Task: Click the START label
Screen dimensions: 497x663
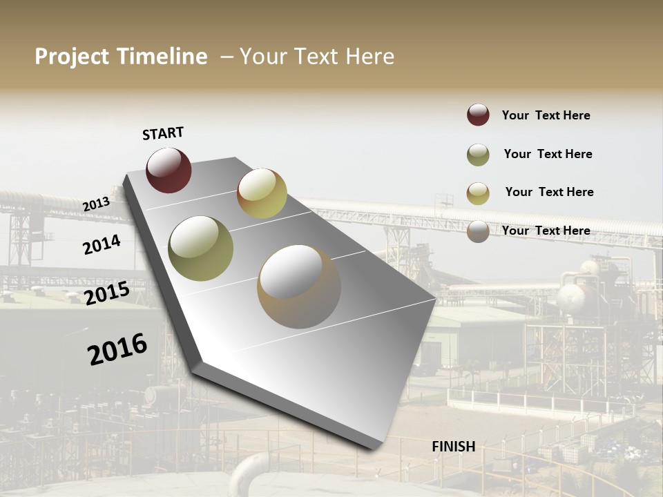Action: (163, 133)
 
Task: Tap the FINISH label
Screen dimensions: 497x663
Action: (453, 447)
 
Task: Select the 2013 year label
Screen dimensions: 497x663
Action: (96, 204)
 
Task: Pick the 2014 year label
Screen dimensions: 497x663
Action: (102, 244)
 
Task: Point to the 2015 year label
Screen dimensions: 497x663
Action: (107, 293)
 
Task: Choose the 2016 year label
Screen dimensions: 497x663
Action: (117, 349)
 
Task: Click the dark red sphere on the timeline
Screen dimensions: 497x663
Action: (169, 170)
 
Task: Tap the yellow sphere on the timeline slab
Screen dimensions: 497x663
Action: (262, 193)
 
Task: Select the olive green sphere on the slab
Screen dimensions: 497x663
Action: (201, 248)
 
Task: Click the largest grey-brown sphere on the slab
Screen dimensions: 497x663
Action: (299, 286)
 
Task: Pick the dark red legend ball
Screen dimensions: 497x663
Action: (478, 115)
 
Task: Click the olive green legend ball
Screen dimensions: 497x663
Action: (478, 155)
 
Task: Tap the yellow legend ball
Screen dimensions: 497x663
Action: (478, 193)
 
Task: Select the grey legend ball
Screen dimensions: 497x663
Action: (478, 231)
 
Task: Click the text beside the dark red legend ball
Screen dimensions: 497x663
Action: (546, 115)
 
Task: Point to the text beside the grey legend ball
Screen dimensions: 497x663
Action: (546, 231)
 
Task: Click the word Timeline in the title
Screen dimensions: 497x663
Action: (162, 57)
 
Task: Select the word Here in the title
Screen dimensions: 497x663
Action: (369, 57)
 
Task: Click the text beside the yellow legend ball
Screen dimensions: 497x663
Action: (549, 192)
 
